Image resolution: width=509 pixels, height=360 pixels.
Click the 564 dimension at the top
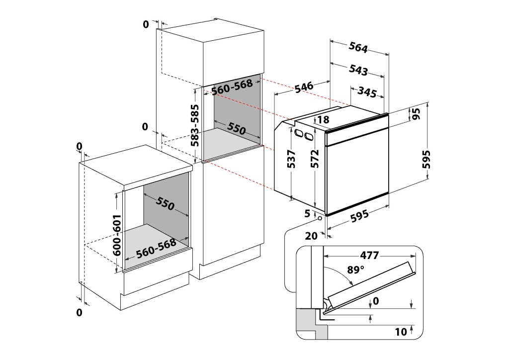coord(358,48)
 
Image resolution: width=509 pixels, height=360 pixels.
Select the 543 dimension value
coord(358,70)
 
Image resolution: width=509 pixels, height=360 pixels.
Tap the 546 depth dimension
coord(304,88)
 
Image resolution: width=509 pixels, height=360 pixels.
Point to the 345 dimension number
coord(366,92)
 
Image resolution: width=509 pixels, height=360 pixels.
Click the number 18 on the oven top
coord(323,119)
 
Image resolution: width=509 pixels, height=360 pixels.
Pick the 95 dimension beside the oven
coord(416,114)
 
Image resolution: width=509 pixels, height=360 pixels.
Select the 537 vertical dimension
coord(292,159)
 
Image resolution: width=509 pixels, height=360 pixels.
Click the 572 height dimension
coord(314,160)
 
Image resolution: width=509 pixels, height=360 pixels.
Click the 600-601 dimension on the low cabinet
coord(117,234)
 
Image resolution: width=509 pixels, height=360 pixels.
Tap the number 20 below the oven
coord(311,236)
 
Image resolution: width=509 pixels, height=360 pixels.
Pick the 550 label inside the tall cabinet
coord(237,128)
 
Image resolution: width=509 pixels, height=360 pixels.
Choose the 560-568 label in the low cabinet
coord(156,248)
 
